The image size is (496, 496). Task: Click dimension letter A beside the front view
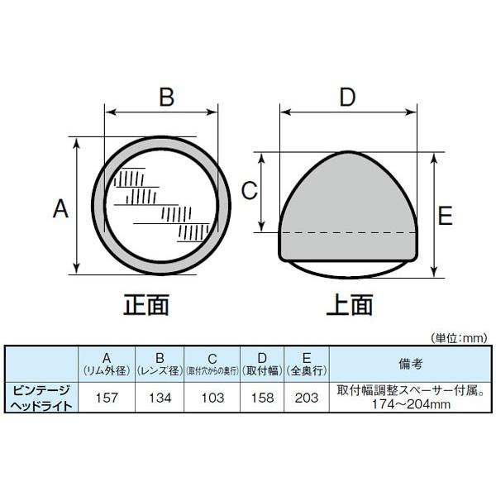click(60, 209)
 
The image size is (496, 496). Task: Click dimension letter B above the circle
click(166, 97)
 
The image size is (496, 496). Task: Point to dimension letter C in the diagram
click(250, 190)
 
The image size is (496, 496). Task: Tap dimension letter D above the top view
click(347, 97)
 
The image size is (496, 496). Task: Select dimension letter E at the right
click(445, 215)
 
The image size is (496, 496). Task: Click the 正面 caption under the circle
click(145, 304)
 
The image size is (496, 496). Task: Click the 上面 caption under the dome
click(349, 304)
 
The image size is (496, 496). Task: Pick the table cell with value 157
click(107, 398)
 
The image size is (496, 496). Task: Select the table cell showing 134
click(160, 398)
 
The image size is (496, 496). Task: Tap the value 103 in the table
click(212, 398)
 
